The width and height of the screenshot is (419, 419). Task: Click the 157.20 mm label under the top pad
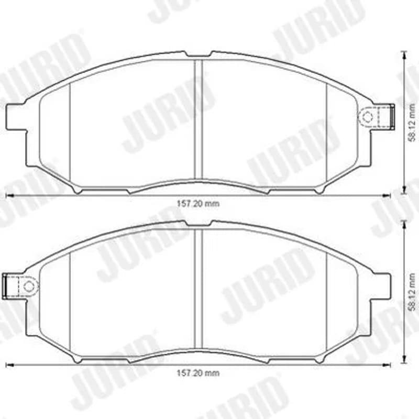click(199, 204)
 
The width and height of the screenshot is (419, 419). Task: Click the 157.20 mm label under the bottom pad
click(199, 373)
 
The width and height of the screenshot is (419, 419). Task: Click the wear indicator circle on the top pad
click(368, 116)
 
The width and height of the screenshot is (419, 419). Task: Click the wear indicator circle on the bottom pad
click(28, 286)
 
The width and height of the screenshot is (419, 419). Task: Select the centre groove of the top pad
click(199, 120)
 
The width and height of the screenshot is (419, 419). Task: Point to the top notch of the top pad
click(199, 54)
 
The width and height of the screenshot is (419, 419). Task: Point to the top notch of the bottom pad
click(199, 224)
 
